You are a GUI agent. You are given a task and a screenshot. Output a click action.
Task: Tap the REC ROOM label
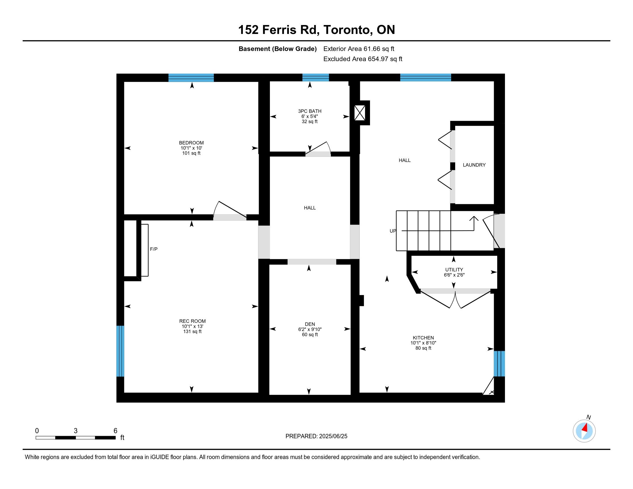click(192, 321)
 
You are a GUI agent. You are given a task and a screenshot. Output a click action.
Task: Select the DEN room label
click(310, 324)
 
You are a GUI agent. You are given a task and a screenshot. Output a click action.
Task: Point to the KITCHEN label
click(423, 338)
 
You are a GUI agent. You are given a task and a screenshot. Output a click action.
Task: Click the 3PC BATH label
click(310, 111)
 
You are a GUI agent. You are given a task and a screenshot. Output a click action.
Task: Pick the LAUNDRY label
click(474, 165)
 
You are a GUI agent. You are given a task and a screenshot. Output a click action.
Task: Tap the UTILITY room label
click(454, 270)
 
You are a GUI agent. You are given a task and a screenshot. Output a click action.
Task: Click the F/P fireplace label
click(154, 249)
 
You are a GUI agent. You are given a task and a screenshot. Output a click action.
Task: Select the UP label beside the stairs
click(393, 231)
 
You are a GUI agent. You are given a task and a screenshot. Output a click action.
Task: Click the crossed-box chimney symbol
click(360, 113)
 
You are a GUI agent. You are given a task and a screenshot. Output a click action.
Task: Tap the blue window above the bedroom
click(191, 78)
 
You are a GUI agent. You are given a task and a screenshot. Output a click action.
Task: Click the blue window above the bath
click(316, 78)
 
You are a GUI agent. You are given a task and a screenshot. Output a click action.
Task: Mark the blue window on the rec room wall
click(120, 351)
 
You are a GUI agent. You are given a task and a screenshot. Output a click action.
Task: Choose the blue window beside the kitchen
click(499, 364)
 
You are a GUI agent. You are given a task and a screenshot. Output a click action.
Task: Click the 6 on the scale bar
click(115, 431)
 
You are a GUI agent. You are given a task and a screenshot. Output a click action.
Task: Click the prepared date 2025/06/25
click(333, 436)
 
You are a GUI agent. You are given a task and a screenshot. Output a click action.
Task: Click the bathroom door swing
click(318, 147)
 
